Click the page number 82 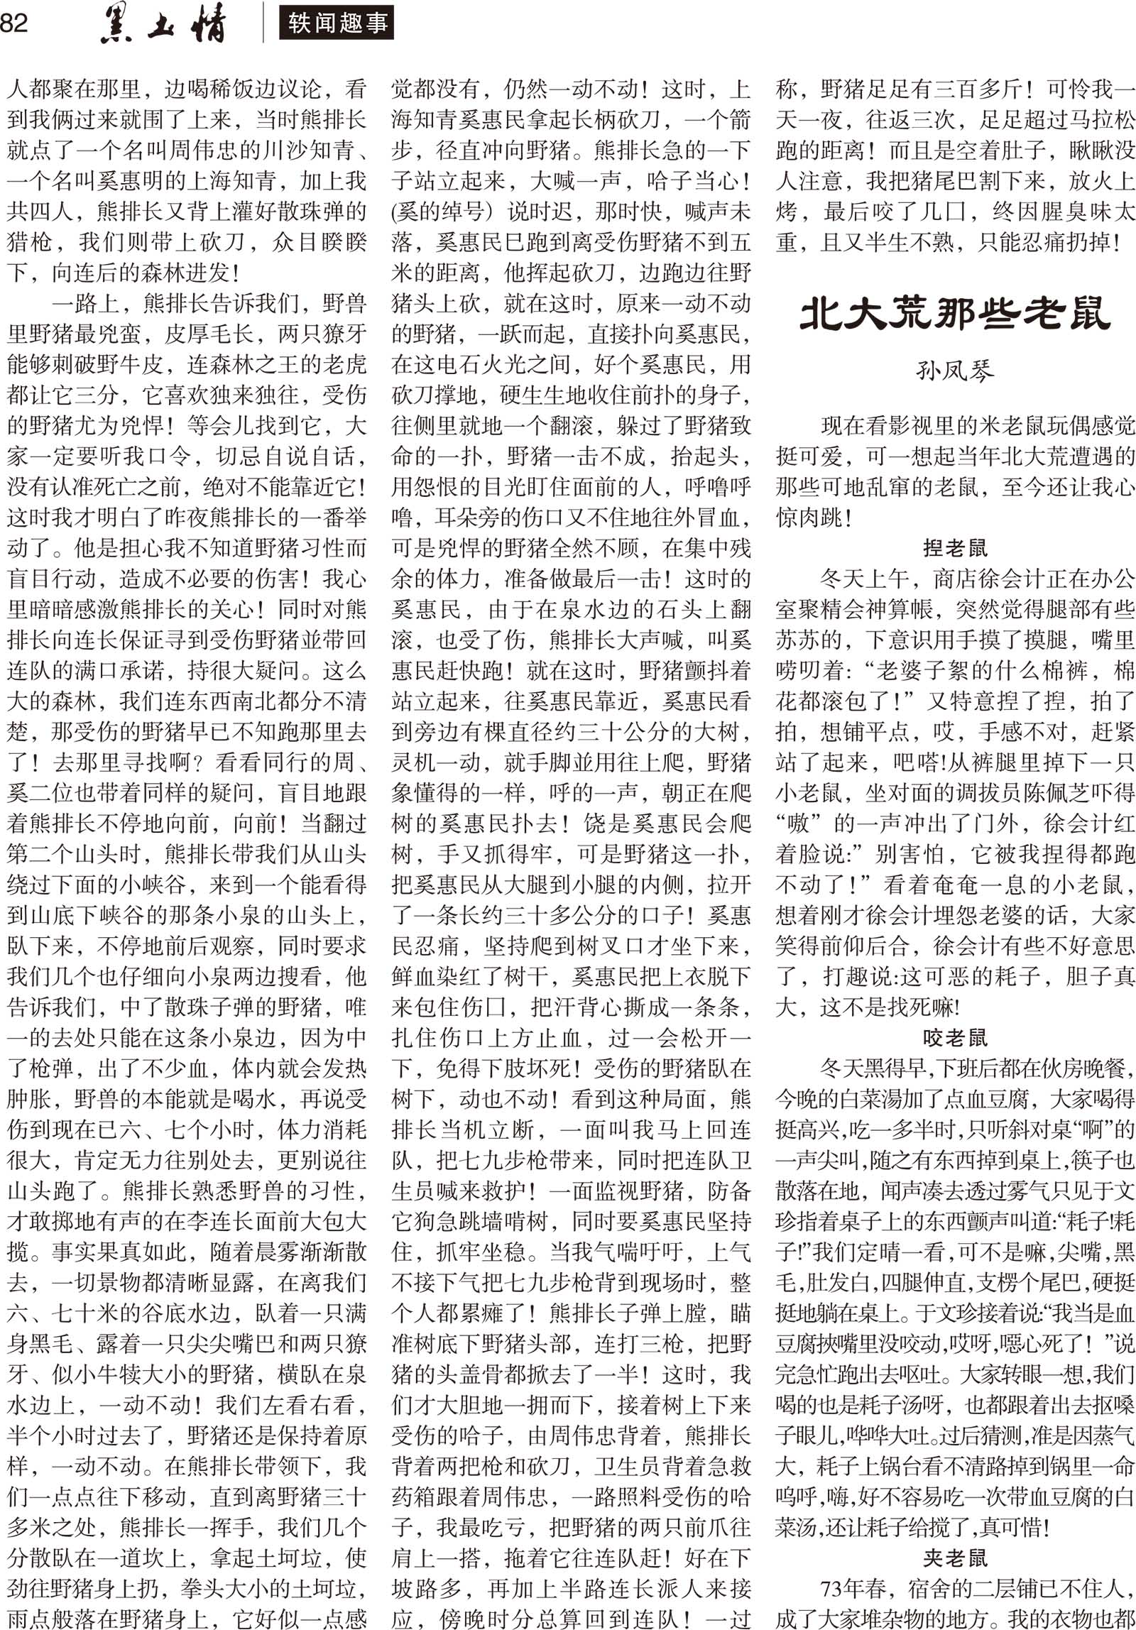14,23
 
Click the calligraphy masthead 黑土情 163,26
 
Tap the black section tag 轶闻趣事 337,23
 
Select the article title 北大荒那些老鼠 954,314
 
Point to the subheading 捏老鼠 954,548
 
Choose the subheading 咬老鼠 954,1037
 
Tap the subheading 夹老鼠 954,1558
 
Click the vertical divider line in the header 263,23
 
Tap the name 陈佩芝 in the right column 1069,792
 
